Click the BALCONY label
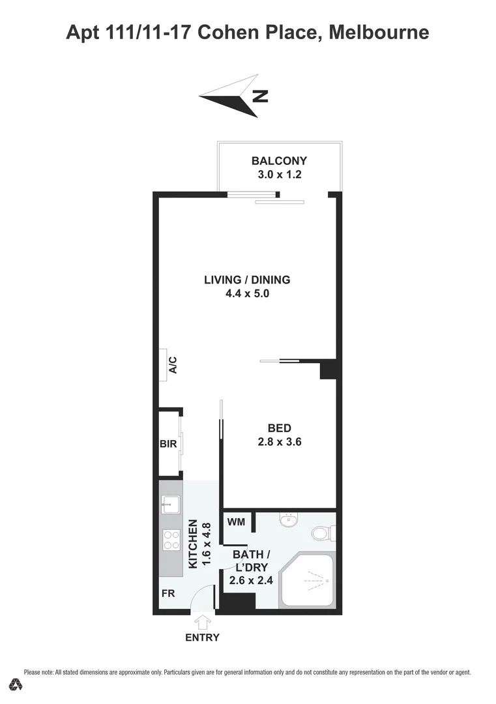pos(279,161)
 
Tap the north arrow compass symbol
pos(232,96)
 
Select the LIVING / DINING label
pos(247,280)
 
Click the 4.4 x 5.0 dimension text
pos(247,293)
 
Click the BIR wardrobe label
pos(168,444)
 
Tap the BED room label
pos(280,428)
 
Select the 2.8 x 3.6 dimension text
pos(280,441)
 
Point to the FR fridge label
pos(168,594)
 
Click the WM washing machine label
pos(235,522)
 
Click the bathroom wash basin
pos(287,520)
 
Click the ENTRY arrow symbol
pos(203,621)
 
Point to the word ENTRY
pos(203,638)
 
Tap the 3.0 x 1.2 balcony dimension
pos(279,175)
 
